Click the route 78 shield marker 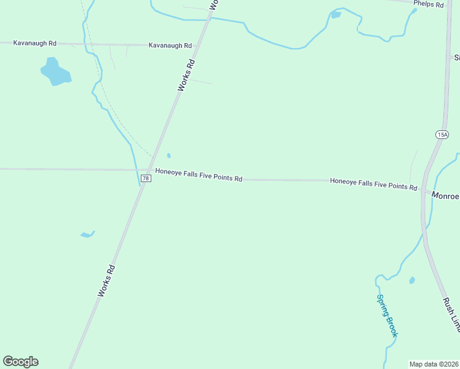click(145, 178)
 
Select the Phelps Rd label click(429, 4)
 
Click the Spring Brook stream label click(387, 315)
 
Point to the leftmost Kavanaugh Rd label click(34, 43)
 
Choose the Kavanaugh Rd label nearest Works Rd click(170, 46)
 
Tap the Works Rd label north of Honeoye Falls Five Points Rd click(186, 75)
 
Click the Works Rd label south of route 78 click(106, 281)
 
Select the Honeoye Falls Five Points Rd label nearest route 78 click(199, 175)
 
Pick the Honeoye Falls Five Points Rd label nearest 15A click(373, 184)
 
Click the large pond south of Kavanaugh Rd click(55, 72)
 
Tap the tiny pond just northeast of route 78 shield click(169, 156)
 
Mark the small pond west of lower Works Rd click(87, 234)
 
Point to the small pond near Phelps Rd click(336, 15)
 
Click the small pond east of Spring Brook click(412, 280)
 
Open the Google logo click(20, 362)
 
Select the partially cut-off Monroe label click(445, 196)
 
